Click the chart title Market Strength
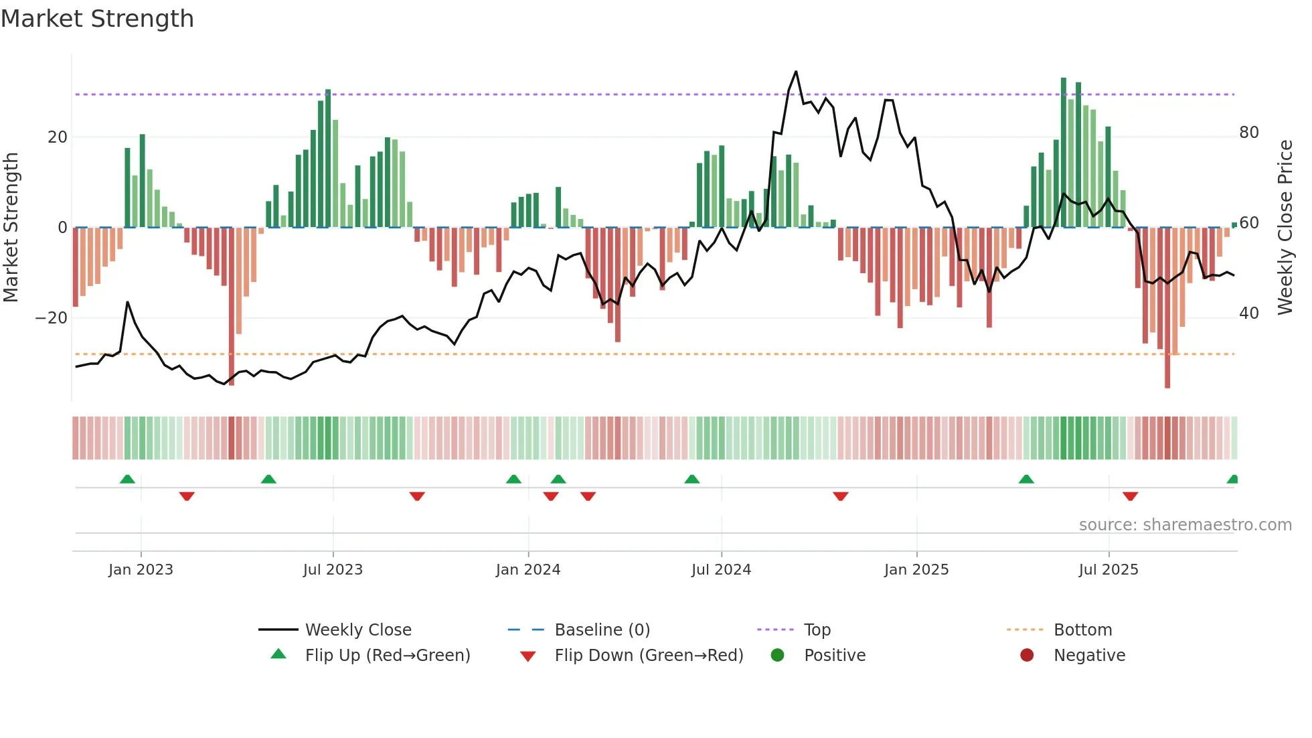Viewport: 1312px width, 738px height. pyautogui.click(x=97, y=19)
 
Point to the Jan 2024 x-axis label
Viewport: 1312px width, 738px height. pyautogui.click(x=527, y=570)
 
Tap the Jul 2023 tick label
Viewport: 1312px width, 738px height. pyautogui.click(x=333, y=570)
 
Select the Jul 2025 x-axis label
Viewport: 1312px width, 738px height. pyautogui.click(x=1108, y=570)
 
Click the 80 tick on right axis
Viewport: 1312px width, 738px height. pyautogui.click(x=1248, y=133)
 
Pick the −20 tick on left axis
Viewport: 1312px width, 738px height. pyautogui.click(x=52, y=318)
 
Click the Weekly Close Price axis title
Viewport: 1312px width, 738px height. pyautogui.click(x=1285, y=228)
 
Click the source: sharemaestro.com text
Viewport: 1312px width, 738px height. pyautogui.click(x=1185, y=525)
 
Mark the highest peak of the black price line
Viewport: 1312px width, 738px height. pyautogui.click(x=796, y=72)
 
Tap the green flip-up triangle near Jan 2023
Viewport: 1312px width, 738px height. pyautogui.click(x=127, y=479)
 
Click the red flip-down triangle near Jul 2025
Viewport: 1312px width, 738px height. pyautogui.click(x=1131, y=496)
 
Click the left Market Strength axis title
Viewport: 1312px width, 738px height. pyautogui.click(x=11, y=228)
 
